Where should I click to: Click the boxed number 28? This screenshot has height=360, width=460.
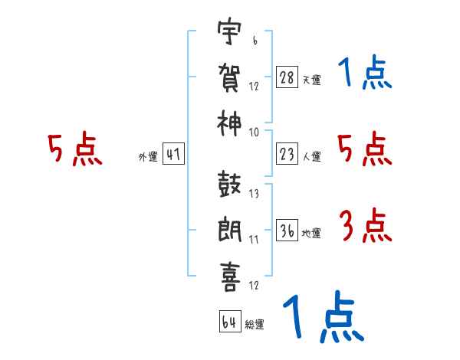(x=286, y=78)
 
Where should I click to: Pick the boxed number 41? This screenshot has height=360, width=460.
(x=173, y=155)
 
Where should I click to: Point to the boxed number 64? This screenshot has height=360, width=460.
(x=229, y=322)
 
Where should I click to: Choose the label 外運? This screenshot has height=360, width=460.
(x=147, y=157)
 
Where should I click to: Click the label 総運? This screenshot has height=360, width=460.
(x=255, y=324)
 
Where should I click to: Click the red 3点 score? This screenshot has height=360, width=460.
(x=364, y=226)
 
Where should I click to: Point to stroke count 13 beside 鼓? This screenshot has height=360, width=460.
(x=254, y=193)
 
